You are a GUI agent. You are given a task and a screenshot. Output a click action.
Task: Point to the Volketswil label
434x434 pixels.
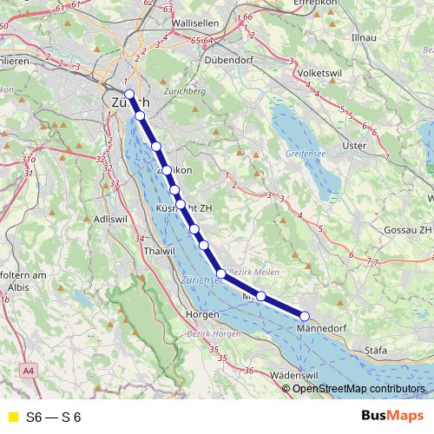(x=319, y=74)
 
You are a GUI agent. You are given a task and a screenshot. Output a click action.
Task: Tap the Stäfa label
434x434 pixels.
(x=376, y=352)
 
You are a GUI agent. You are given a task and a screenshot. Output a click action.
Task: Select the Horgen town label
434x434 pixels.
(x=201, y=314)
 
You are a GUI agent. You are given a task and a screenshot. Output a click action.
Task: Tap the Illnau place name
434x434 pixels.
(x=360, y=38)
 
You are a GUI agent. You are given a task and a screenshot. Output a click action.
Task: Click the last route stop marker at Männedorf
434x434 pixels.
(x=305, y=315)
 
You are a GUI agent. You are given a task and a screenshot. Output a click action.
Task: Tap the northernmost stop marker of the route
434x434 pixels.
(x=128, y=94)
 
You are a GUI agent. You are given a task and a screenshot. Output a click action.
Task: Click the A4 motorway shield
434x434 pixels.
(x=30, y=371)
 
